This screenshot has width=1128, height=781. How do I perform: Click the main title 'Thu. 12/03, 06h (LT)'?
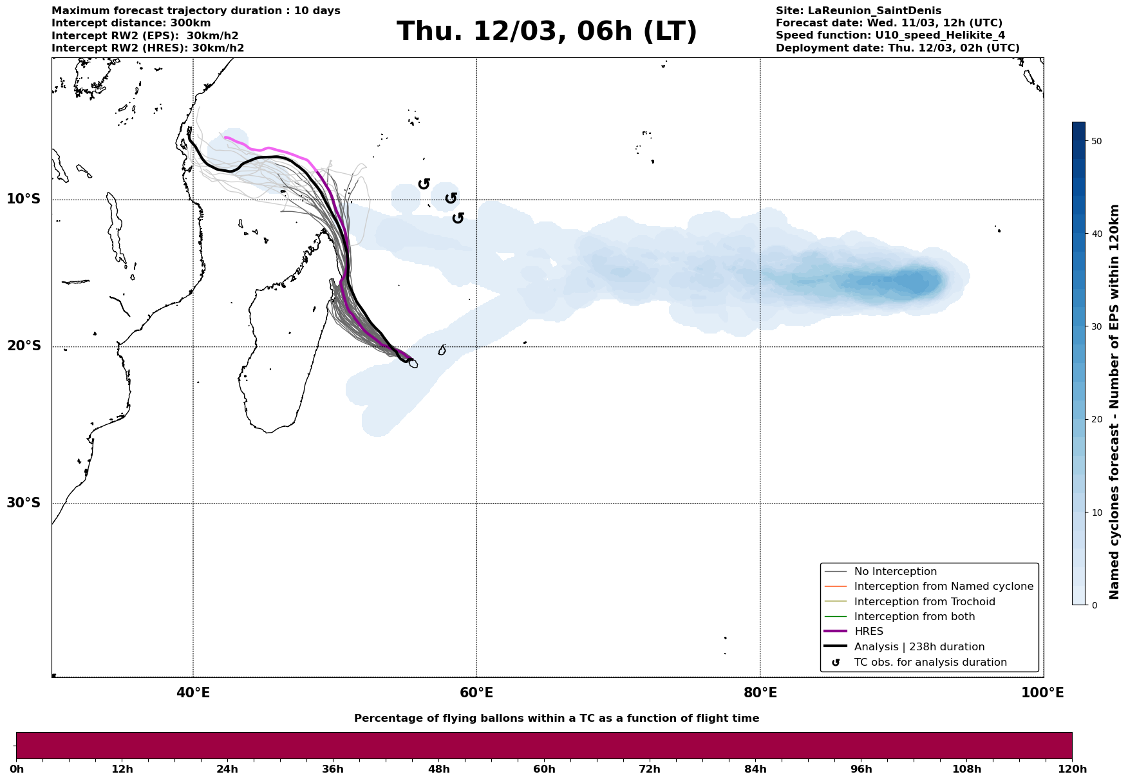tap(547, 32)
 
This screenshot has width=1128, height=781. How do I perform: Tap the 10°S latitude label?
tap(24, 199)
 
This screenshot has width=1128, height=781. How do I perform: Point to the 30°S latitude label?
tap(24, 503)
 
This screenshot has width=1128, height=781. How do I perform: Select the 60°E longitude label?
tap(476, 693)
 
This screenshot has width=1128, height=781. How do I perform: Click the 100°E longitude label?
tap(1042, 693)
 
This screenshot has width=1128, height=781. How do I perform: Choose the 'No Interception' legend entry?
tap(895, 572)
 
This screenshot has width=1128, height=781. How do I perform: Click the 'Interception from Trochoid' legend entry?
tap(924, 602)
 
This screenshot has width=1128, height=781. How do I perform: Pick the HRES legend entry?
tap(869, 632)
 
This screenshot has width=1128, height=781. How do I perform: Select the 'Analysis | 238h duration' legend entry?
tap(919, 647)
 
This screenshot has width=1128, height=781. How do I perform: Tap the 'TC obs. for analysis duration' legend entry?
tap(930, 663)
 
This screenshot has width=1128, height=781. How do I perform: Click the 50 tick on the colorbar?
tap(1097, 141)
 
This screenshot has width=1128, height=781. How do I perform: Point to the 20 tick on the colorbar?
tap(1097, 420)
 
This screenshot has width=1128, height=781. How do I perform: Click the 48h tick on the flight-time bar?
tap(438, 769)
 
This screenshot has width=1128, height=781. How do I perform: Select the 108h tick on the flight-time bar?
tap(966, 769)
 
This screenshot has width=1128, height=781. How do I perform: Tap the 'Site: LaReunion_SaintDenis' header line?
tap(858, 11)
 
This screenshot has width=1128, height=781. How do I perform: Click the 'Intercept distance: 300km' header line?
tap(131, 23)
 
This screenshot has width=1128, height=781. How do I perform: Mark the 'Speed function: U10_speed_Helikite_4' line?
tap(890, 35)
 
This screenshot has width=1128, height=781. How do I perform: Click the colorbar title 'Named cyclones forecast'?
tap(1114, 402)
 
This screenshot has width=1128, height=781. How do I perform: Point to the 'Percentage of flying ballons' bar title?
tap(556, 719)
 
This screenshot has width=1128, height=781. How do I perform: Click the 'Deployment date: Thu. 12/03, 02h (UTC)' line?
tap(898, 48)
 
